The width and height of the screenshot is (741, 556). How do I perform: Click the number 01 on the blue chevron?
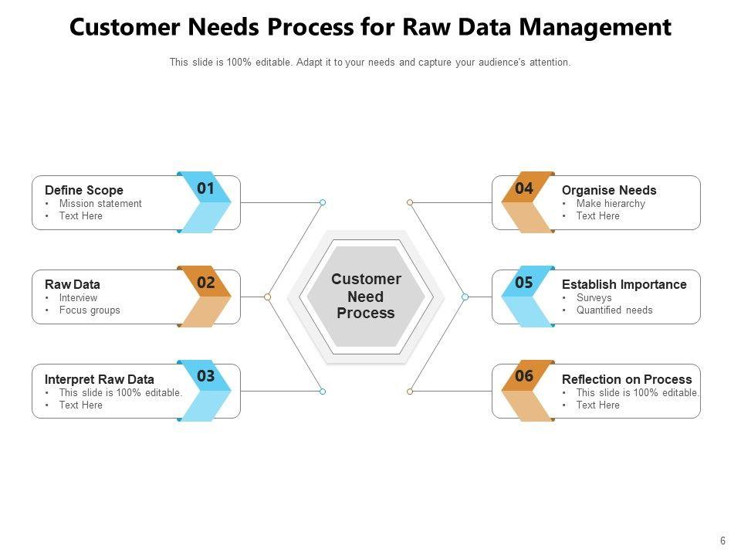[x=205, y=188]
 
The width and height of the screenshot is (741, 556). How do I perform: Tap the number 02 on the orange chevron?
[x=206, y=283]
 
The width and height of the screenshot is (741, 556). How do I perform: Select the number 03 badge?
[x=206, y=376]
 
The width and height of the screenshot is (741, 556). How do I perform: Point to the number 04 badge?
[x=524, y=188]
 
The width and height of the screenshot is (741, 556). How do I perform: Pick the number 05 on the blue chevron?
[x=524, y=283]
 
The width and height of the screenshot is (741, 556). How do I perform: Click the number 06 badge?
[x=524, y=376]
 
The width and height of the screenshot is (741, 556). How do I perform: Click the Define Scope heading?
[x=84, y=190]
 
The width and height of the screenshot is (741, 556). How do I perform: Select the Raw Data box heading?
[x=73, y=284]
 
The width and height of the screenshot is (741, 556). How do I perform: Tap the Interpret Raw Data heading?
[x=100, y=379]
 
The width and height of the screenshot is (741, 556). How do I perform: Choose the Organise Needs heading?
[x=609, y=190]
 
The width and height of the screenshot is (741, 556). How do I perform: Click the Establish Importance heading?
[x=624, y=284]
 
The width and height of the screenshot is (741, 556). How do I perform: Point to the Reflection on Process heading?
[x=627, y=379]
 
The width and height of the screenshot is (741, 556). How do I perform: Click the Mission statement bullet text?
[x=100, y=203]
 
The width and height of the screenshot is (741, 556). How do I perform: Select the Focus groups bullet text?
[x=90, y=310]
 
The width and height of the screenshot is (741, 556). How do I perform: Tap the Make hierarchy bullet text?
[x=611, y=203]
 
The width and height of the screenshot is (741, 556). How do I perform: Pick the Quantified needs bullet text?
[x=614, y=310]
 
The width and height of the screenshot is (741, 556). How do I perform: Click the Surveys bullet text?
[x=594, y=298]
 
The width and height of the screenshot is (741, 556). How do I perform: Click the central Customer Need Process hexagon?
[x=366, y=297]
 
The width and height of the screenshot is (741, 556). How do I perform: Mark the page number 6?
[x=722, y=541]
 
